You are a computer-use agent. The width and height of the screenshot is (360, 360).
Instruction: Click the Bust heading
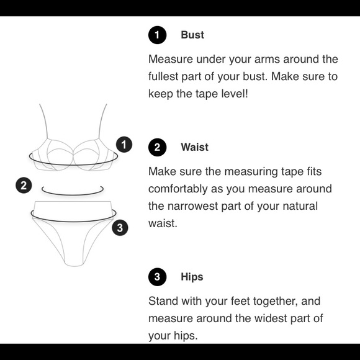(192, 35)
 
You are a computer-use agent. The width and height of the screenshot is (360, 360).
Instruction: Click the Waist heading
(194, 147)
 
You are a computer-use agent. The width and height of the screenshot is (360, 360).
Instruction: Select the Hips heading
(192, 277)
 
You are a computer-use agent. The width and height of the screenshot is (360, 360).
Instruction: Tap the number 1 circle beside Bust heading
(157, 35)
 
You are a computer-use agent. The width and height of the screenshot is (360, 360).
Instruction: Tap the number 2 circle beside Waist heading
(157, 147)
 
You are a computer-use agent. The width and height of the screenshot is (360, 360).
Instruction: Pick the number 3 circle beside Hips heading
(157, 277)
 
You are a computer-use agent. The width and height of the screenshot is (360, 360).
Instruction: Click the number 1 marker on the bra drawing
(124, 145)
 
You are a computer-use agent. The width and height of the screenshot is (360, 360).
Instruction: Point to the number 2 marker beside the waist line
(24, 186)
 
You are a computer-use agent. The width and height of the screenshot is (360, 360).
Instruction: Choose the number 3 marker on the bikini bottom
(120, 228)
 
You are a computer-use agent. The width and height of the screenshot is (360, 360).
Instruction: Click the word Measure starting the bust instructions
(171, 59)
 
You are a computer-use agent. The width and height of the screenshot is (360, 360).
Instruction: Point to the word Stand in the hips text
(163, 301)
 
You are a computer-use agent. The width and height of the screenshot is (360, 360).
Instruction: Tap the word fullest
(163, 76)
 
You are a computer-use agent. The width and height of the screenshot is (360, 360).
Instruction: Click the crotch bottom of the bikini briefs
(74, 264)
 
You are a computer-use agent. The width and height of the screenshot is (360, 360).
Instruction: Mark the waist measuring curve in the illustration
(73, 194)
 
